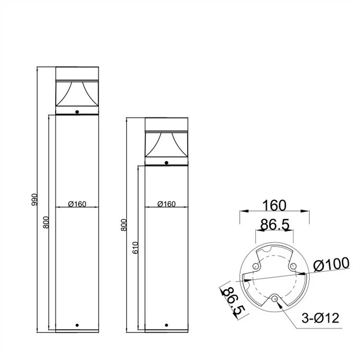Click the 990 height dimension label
coord(34,200)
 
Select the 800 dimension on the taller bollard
coord(46,222)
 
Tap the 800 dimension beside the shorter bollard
coord(124,225)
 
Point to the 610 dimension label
coord(136,248)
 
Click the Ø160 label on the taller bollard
coord(77,204)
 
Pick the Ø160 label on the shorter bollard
coord(167,204)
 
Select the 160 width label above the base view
coord(274,205)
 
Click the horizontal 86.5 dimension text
coord(275,224)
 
